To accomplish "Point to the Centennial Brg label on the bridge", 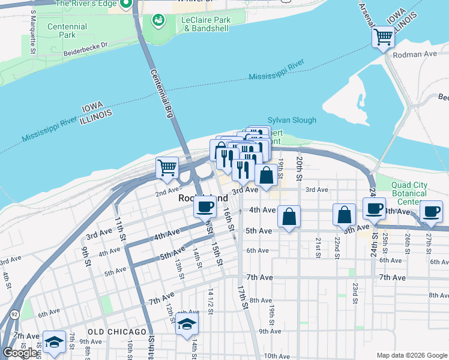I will pyautogui.click(x=161, y=85).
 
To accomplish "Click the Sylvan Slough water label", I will pyautogui.click(x=292, y=120).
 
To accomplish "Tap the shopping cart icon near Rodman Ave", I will pyautogui.click(x=383, y=37).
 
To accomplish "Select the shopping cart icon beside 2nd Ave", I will pyautogui.click(x=167, y=167).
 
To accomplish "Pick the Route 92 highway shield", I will pyautogui.click(x=13, y=314).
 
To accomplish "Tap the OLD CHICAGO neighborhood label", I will pyautogui.click(x=116, y=332).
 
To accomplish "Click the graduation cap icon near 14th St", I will pyautogui.click(x=187, y=325).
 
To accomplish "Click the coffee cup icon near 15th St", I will pyautogui.click(x=205, y=206).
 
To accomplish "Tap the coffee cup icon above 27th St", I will pyautogui.click(x=432, y=211).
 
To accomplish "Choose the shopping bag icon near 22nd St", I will pyautogui.click(x=345, y=214).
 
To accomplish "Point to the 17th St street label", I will pyautogui.click(x=245, y=296).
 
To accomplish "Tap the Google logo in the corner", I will pyautogui.click(x=20, y=353).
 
